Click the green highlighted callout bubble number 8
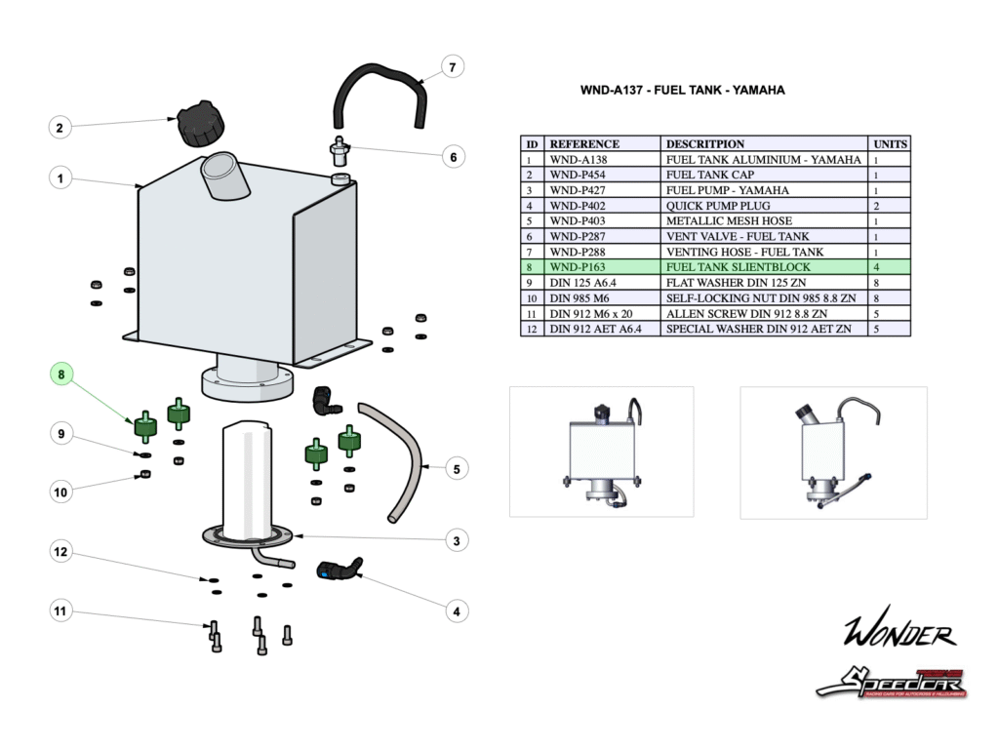click(60, 374)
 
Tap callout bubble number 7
click(451, 67)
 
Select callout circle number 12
click(60, 552)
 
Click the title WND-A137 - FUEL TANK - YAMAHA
click(682, 90)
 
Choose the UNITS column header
click(890, 143)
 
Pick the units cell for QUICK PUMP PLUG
click(890, 206)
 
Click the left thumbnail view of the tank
click(602, 451)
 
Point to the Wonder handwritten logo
click(899, 635)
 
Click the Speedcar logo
click(890, 681)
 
